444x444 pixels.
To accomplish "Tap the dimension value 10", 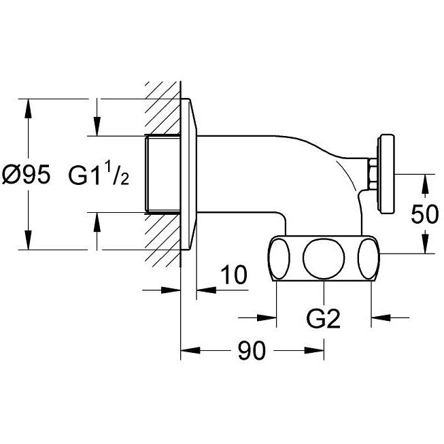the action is coord(234,275).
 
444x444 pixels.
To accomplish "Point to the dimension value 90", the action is coord(252,350).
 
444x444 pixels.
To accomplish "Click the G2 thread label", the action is coord(324,318).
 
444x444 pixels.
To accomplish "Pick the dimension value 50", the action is coord(425,214).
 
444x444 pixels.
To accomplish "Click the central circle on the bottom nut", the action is coord(324,258).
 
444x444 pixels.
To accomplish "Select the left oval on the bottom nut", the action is coord(279,258).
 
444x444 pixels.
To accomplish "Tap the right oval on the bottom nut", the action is coord(369,258).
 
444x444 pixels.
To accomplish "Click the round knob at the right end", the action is coord(386,173).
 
